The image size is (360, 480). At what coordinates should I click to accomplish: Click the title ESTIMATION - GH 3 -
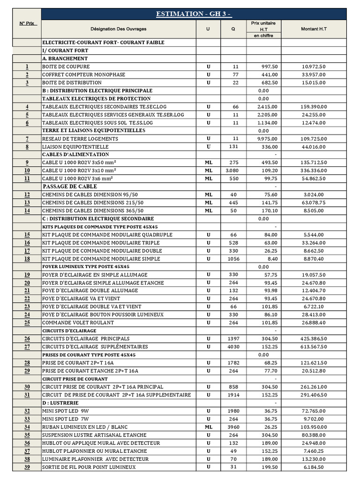click(x=194, y=14)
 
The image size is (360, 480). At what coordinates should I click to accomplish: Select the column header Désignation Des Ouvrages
click(x=118, y=29)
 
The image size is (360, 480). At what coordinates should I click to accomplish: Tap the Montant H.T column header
click(x=314, y=29)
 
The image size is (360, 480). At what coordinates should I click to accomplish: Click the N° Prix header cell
click(x=27, y=23)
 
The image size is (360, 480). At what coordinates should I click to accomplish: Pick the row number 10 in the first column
click(x=27, y=171)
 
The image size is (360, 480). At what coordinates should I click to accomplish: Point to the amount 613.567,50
click(x=314, y=347)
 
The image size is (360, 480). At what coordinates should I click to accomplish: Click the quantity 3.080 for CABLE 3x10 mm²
click(x=233, y=171)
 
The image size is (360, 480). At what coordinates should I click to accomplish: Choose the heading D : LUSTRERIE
click(x=60, y=403)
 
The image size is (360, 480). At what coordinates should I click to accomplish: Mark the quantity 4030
click(x=233, y=347)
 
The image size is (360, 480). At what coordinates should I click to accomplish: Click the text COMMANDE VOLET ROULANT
click(x=78, y=322)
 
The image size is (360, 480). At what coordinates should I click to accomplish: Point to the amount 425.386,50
click(x=314, y=338)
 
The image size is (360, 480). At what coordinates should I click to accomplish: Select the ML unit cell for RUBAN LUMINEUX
click(x=208, y=427)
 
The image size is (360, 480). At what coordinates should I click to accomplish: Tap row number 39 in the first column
click(x=27, y=467)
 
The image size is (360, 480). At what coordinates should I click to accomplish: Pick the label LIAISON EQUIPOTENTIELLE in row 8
click(x=75, y=147)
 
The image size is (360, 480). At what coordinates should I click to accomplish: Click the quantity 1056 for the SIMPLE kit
click(x=233, y=259)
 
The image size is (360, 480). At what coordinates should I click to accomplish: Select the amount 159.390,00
click(x=314, y=107)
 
